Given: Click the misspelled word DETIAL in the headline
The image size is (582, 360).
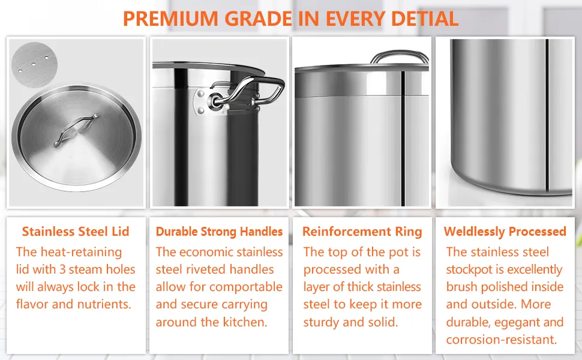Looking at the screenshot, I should (x=422, y=18).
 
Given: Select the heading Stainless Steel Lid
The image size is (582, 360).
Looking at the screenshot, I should (x=76, y=232).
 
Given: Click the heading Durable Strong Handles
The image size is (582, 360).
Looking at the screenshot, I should (x=219, y=232).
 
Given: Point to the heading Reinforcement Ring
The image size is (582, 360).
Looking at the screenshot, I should (x=362, y=232).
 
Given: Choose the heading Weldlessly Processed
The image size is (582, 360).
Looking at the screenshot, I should (x=505, y=232).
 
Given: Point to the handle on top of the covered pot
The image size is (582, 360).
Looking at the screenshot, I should (x=400, y=56).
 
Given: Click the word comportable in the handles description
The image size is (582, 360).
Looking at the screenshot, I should (x=246, y=287).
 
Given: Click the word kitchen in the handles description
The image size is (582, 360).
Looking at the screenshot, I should (x=244, y=322).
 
